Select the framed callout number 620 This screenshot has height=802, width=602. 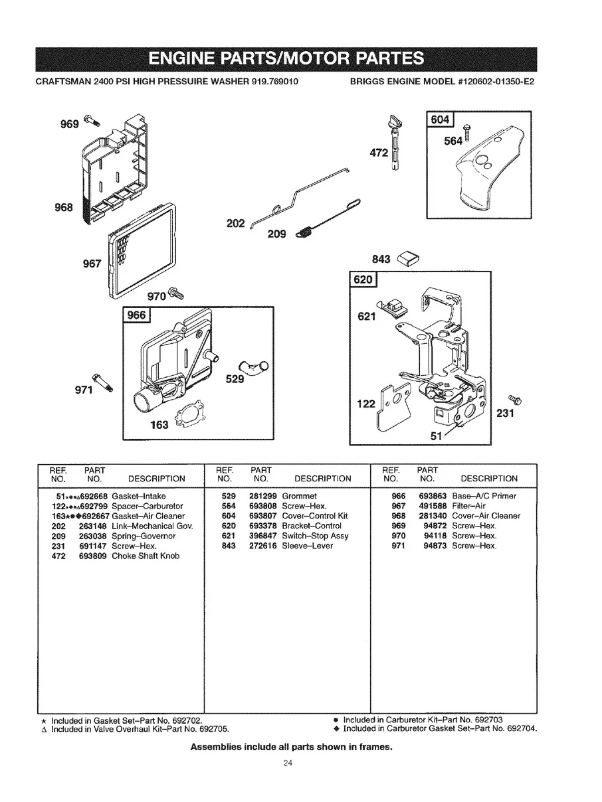tap(363, 280)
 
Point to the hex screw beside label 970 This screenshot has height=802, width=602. tap(175, 291)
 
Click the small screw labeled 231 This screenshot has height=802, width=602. tap(515, 398)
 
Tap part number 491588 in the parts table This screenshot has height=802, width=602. tap(432, 506)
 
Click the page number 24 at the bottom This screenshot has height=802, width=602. tap(287, 762)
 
